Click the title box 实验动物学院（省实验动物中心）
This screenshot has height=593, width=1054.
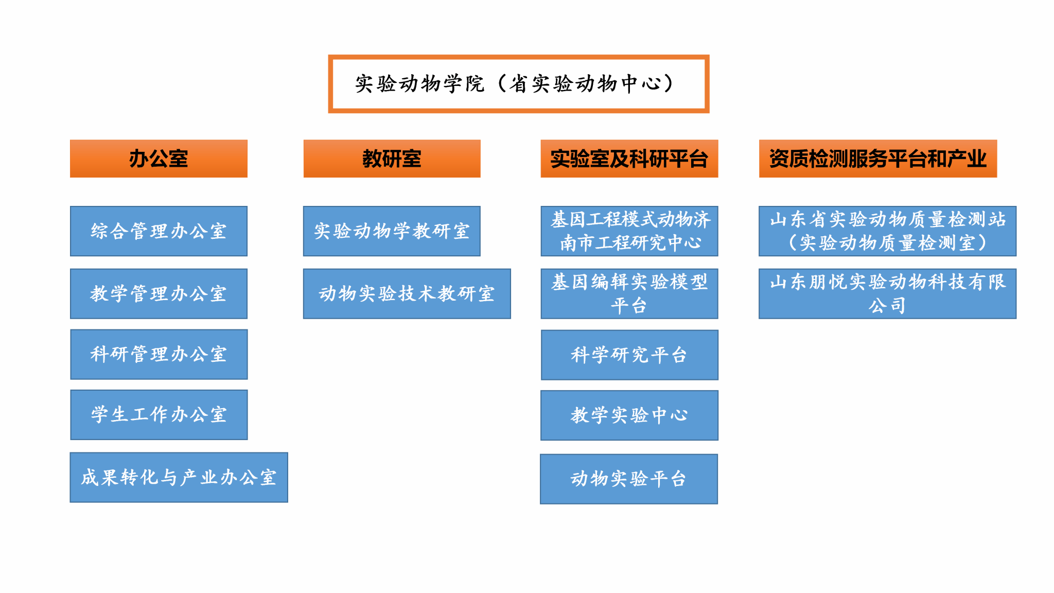pos(518,84)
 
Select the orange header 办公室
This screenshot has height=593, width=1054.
pos(159,159)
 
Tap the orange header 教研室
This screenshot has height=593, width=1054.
pos(392,159)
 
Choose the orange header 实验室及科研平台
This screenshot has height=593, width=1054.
pos(629,159)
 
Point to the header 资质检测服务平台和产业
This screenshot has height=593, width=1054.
pos(877,159)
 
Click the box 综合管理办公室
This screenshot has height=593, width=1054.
pos(159,231)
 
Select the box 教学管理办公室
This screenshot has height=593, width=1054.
pos(159,293)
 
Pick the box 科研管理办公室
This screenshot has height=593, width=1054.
pos(159,354)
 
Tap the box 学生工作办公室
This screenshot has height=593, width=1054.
pos(159,414)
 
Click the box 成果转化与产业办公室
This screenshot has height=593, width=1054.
pos(179,477)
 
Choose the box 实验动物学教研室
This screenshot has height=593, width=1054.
pos(392,231)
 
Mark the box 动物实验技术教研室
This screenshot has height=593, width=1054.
pos(407,293)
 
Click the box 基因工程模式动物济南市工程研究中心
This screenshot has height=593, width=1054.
pos(629,231)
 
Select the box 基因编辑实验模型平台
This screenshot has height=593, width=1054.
pos(629,293)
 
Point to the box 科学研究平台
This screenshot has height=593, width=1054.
pos(629,355)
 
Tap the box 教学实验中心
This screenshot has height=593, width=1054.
pos(629,415)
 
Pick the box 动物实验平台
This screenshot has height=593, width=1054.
pos(628,479)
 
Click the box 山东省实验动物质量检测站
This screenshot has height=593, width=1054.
pos(887,231)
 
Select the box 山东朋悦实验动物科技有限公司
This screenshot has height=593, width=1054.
pos(887,293)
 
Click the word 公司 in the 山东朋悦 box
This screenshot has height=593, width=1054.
pos(887,306)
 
